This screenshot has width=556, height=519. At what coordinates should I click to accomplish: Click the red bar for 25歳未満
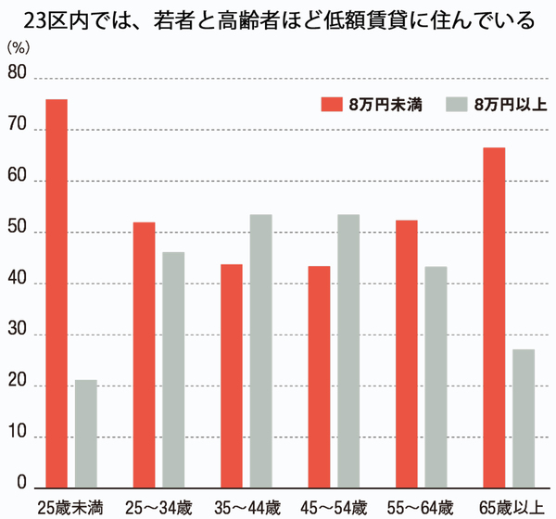[x=57, y=293]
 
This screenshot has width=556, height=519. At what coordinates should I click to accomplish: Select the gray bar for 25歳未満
[x=86, y=434]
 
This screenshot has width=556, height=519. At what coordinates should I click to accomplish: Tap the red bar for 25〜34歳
[x=144, y=355]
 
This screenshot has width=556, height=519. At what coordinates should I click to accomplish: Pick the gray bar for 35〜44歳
[x=260, y=351]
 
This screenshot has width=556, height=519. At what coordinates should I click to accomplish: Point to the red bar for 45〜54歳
[x=319, y=376]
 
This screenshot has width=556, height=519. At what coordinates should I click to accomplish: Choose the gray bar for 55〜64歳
[x=436, y=376]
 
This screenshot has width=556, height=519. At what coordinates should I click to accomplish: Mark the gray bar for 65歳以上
[x=524, y=418]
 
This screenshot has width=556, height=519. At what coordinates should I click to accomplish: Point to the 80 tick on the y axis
[x=16, y=80]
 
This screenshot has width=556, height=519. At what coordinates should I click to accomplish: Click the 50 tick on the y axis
[x=16, y=233]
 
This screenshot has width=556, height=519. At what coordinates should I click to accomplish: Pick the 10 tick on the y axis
[x=16, y=437]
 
